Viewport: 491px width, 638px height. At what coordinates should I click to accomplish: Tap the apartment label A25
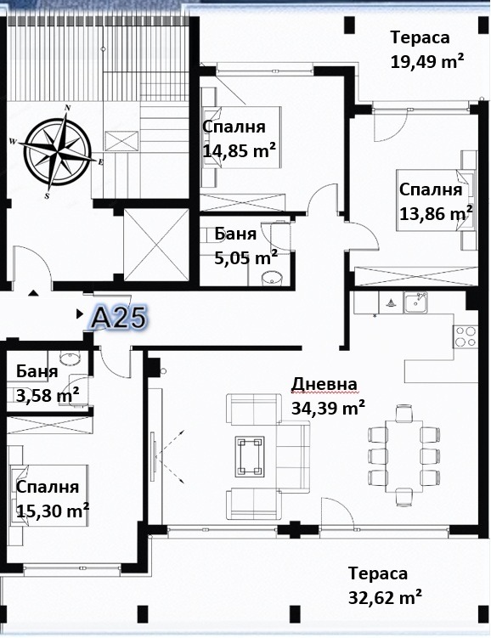tap(117, 318)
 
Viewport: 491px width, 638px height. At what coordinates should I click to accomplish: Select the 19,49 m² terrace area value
tap(427, 62)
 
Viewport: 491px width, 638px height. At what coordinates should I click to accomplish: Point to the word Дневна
tap(325, 384)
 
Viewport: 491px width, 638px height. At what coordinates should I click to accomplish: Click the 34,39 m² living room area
tap(328, 408)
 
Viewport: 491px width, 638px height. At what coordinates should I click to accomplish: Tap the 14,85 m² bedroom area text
tap(240, 150)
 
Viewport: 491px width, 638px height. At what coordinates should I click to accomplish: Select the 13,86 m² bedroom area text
tap(436, 213)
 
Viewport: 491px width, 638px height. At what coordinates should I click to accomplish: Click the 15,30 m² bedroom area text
tap(53, 511)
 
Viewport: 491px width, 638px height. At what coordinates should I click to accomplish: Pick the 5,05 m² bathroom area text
tap(246, 257)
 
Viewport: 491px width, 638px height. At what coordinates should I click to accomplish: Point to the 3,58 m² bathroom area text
tap(48, 395)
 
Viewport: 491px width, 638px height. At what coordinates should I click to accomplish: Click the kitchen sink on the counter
tap(415, 303)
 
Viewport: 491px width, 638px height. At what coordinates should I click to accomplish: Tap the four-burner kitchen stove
tap(466, 336)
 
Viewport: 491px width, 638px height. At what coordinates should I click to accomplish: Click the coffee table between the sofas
tap(250, 456)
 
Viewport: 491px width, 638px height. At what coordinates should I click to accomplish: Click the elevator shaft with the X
tap(156, 245)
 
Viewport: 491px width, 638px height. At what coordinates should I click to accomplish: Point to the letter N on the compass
tap(68, 108)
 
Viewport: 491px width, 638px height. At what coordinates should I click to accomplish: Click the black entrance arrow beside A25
tap(80, 313)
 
